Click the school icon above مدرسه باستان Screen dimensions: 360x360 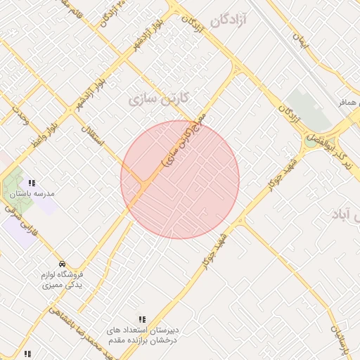[32, 183]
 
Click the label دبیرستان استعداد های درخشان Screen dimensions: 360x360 [143, 334]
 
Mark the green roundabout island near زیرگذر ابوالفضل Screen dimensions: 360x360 [310, 141]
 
